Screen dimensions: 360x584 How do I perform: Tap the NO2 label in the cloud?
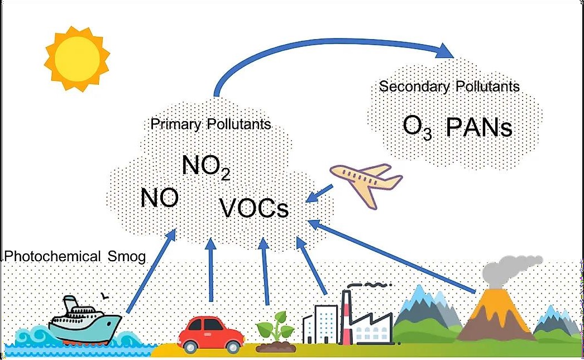click(206, 166)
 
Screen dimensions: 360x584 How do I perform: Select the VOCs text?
click(254, 209)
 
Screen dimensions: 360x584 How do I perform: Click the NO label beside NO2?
click(159, 198)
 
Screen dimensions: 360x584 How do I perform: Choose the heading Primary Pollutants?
click(211, 123)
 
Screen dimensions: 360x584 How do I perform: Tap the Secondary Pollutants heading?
click(449, 87)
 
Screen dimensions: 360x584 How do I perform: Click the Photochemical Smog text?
click(74, 256)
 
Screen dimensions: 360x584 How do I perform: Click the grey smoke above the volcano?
click(514, 268)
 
